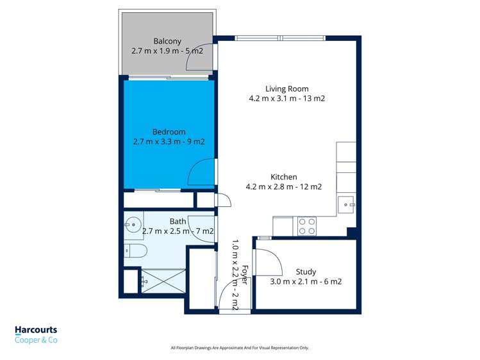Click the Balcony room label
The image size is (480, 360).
[167, 42]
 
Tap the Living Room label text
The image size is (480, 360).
[287, 89]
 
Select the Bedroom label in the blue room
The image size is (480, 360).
[169, 132]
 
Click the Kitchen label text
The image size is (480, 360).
[283, 177]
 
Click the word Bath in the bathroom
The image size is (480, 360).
[178, 222]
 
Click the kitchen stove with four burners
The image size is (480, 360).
[306, 226]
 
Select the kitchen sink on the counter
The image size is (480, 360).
[346, 206]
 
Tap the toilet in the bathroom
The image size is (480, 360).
[135, 250]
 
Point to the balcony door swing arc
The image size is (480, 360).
[195, 61]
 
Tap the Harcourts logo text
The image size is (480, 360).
[36, 331]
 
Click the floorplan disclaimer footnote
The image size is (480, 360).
[240, 348]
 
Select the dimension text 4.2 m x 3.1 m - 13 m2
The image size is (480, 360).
[287, 99]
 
